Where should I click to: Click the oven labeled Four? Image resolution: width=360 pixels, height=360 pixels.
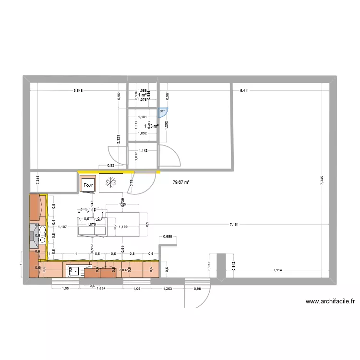88,184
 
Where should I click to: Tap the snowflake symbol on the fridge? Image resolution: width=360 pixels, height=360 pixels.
110,182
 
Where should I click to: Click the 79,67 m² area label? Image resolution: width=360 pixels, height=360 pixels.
180,182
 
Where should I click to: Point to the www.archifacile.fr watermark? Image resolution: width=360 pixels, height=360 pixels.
330,302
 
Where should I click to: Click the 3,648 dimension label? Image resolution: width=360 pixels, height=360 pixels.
77,90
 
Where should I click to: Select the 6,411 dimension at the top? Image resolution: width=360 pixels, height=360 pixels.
244,90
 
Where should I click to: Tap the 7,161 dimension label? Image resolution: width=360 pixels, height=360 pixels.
234,224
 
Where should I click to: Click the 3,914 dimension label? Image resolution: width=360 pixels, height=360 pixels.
277,270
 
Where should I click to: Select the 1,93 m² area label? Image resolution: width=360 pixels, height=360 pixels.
151,126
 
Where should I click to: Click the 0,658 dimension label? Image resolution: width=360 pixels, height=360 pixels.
168,236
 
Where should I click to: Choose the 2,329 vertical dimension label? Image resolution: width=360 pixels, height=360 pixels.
119,139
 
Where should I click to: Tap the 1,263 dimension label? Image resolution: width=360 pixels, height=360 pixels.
167,288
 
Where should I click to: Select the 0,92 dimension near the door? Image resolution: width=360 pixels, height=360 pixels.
110,166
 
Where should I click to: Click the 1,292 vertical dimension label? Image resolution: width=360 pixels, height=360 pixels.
166,125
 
